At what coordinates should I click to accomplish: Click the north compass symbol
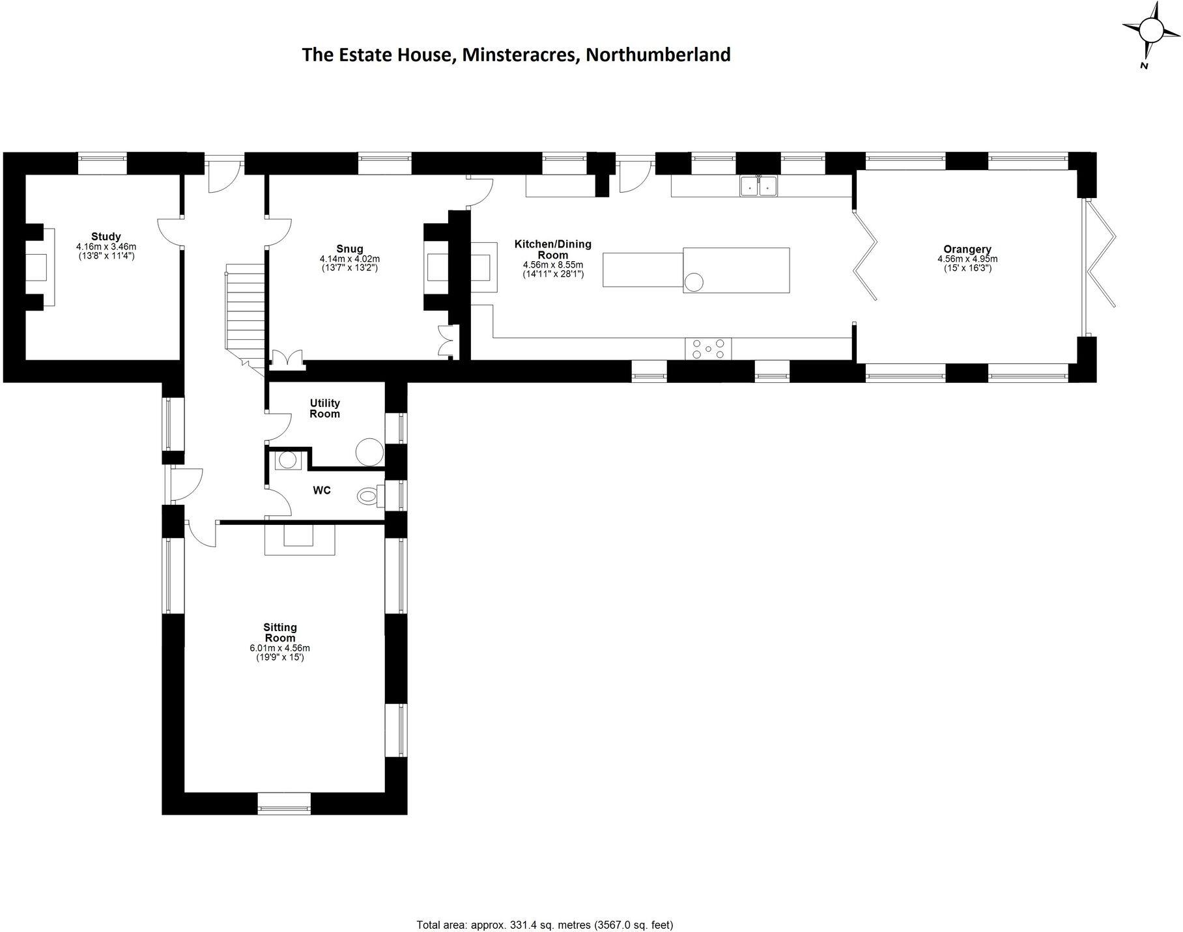pyautogui.click(x=1150, y=31)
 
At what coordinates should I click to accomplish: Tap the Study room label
pyautogui.click(x=106, y=236)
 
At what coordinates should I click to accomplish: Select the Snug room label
pyautogui.click(x=350, y=248)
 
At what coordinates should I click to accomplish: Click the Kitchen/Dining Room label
pyautogui.click(x=552, y=249)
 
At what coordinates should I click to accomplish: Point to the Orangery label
pyautogui.click(x=967, y=249)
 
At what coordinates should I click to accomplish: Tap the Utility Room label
pyautogui.click(x=324, y=408)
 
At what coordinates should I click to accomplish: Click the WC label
pyautogui.click(x=322, y=490)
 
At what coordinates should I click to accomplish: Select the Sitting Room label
pyautogui.click(x=280, y=632)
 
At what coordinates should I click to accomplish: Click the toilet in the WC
pyautogui.click(x=369, y=496)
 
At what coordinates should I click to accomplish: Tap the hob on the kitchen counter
pyautogui.click(x=708, y=348)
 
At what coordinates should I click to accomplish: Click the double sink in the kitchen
pyautogui.click(x=759, y=186)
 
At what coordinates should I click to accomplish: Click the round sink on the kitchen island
pyautogui.click(x=694, y=282)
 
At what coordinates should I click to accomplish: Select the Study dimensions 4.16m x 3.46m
pyautogui.click(x=106, y=247)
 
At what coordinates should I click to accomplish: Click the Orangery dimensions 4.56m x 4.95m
pyautogui.click(x=967, y=259)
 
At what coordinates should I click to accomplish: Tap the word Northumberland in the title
pyautogui.click(x=658, y=55)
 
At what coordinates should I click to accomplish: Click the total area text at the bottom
pyautogui.click(x=545, y=907)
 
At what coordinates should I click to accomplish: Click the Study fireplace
pyautogui.click(x=39, y=266)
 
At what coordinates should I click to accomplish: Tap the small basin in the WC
pyautogui.click(x=287, y=460)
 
